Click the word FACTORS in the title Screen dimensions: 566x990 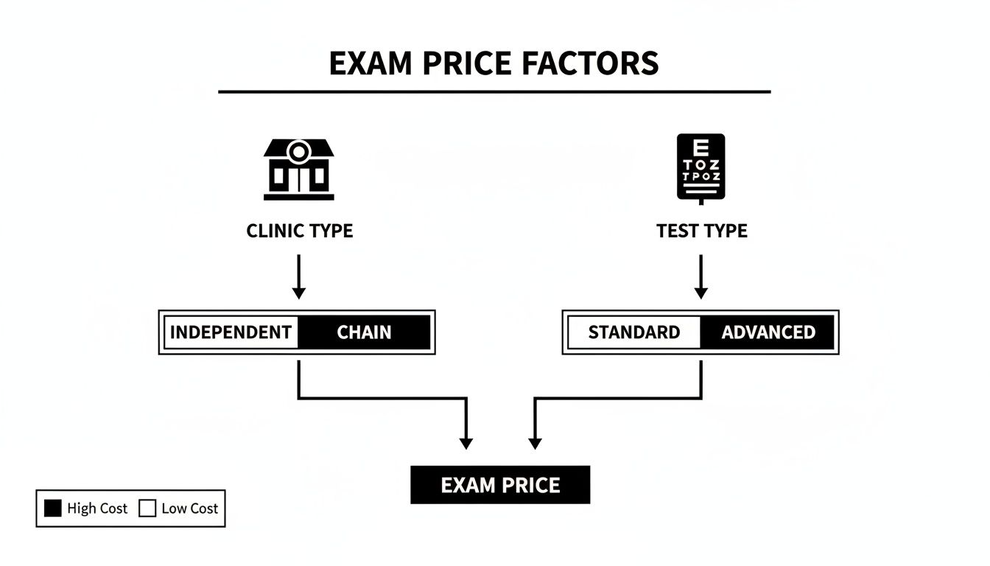pos(590,63)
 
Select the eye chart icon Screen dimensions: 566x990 pos(701,168)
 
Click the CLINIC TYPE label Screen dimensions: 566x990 pos(299,231)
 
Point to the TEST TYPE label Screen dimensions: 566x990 pos(701,231)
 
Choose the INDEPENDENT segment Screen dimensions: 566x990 pos(231,332)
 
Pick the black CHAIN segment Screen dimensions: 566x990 pos(364,332)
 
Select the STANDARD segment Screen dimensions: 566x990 pos(633,332)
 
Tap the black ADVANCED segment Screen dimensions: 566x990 pos(768,332)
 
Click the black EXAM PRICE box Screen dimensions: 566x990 pos(500,485)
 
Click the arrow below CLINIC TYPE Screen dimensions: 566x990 pos(298,277)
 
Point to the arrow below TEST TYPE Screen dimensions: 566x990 pos(701,277)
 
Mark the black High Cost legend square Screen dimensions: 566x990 pos(53,509)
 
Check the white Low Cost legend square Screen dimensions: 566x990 pos(148,509)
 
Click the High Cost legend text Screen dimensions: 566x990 pos(96,509)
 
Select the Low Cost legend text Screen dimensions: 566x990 pos(189,509)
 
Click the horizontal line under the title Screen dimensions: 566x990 pos(494,92)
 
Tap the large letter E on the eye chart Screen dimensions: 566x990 pos(701,146)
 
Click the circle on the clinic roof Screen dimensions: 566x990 pos(298,152)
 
